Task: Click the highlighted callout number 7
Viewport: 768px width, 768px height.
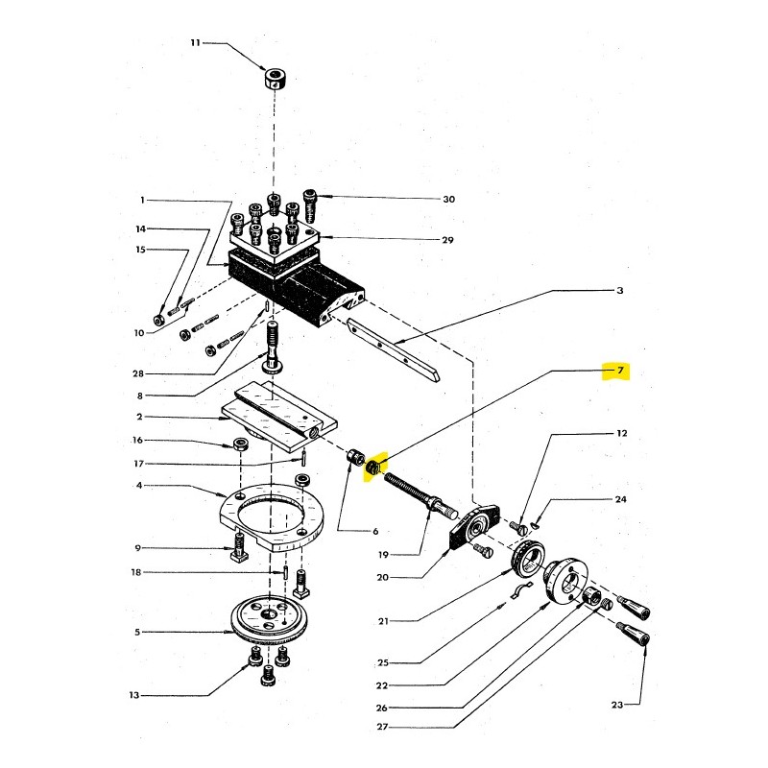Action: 620,371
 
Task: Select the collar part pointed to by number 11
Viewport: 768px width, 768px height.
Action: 276,79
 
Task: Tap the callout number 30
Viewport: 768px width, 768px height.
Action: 448,200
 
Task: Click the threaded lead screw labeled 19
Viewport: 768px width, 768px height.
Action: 420,494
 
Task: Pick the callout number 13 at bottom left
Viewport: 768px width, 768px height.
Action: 134,695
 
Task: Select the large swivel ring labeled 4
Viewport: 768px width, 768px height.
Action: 272,516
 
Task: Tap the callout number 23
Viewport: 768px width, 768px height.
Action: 616,705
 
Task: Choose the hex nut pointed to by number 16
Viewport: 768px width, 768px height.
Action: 241,444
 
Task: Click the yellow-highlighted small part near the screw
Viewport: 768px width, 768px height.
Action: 373,468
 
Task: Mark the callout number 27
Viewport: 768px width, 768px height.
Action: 382,727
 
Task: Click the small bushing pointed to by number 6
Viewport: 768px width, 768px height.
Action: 356,458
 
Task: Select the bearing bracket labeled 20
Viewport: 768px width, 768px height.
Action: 474,528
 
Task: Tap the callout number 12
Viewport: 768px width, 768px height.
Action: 621,433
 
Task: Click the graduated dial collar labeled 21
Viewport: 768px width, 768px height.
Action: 528,557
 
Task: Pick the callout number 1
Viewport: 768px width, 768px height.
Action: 142,200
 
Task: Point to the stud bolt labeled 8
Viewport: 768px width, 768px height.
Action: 273,346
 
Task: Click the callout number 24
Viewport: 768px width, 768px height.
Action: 620,499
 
